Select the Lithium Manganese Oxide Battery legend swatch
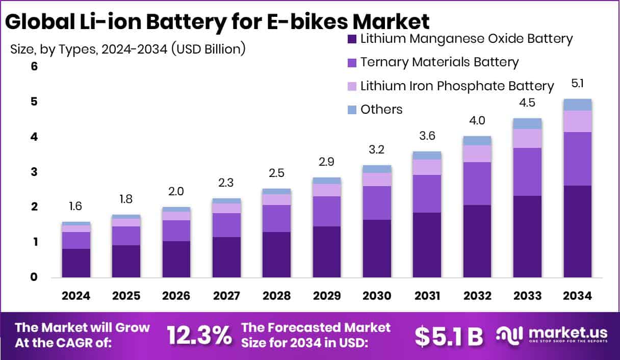tap(351, 39)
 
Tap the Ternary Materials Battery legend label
tap(439, 62)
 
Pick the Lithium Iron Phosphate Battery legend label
tap(457, 86)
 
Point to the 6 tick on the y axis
tap(20, 67)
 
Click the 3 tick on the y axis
tap(20, 172)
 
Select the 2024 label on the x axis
tap(76, 296)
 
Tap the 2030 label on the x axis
tap(377, 296)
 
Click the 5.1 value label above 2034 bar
tap(577, 83)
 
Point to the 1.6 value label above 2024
tap(76, 207)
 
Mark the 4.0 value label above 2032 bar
tap(477, 121)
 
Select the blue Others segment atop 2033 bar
tap(527, 123)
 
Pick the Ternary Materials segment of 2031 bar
tap(427, 194)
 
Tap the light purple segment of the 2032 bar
tap(477, 153)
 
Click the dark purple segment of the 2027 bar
tap(226, 257)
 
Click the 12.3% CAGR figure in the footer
tap(199, 335)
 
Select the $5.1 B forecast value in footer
tap(449, 335)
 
